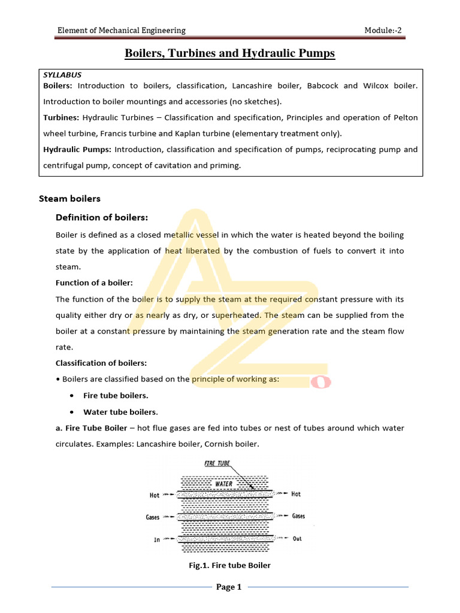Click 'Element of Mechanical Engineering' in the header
pos(121,31)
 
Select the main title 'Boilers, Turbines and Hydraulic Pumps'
pos(229,54)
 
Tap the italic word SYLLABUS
pos(62,75)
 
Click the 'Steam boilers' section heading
pos(69,198)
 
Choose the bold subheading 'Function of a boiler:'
pos(94,283)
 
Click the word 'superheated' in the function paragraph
pos(237,315)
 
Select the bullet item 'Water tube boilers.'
pos(120,412)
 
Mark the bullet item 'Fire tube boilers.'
pos(116,396)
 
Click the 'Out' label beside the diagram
pos(297,539)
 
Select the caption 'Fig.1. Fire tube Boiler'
pos(229,565)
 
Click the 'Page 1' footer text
pos(228,587)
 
